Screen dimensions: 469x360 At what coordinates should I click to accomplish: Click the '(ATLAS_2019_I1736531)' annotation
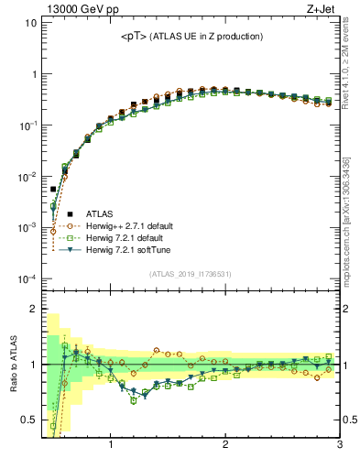click(x=191, y=274)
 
